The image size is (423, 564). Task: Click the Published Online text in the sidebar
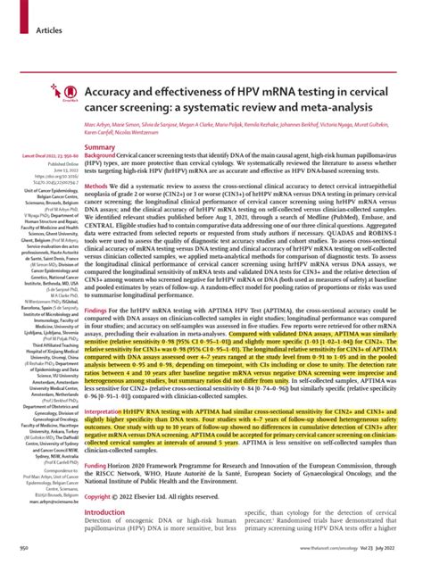click(x=47, y=166)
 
